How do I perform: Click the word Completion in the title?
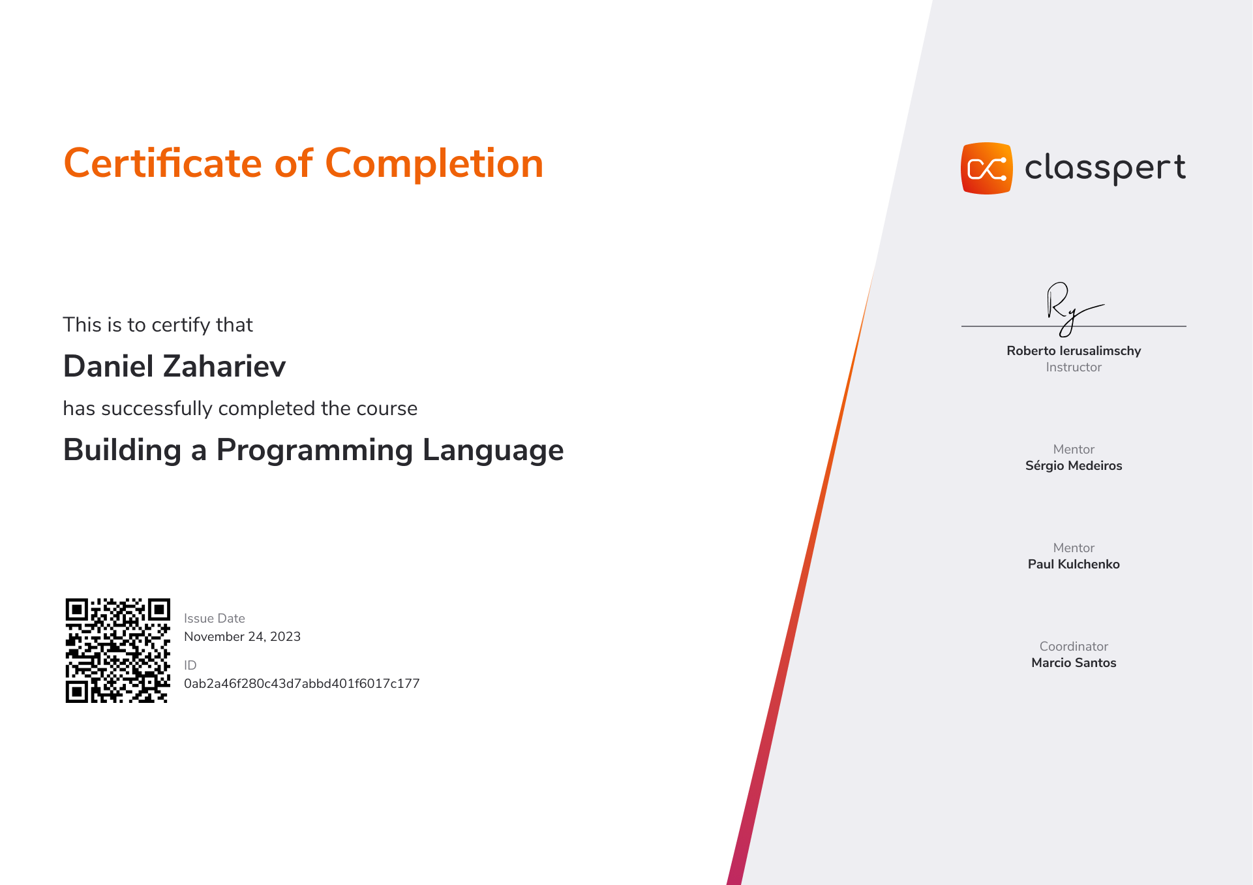pos(434,164)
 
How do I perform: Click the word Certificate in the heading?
pos(162,163)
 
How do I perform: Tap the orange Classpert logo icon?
pos(986,168)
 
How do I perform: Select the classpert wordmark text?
pos(1105,168)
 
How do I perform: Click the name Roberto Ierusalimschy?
pos(1074,350)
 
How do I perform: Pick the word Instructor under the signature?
pos(1074,367)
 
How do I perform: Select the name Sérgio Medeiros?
pos(1074,465)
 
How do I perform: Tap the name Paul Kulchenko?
pos(1074,564)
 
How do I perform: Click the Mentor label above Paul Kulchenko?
pos(1074,548)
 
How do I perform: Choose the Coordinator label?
pos(1074,646)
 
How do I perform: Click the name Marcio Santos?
pos(1074,662)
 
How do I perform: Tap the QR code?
pos(118,651)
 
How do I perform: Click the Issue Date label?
pos(215,618)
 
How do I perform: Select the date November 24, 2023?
pos(242,636)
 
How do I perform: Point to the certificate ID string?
pos(301,683)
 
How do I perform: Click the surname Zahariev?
pos(224,366)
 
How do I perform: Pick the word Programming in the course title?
pos(314,450)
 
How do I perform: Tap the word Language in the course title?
pos(493,450)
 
